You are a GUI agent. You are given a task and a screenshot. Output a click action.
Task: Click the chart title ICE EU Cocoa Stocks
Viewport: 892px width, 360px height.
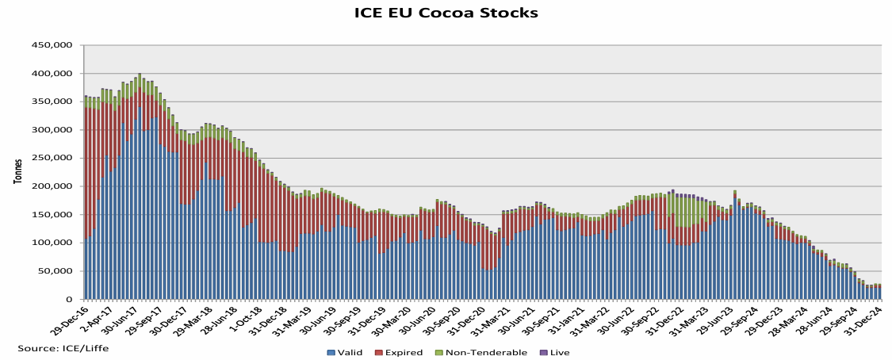pos(446,13)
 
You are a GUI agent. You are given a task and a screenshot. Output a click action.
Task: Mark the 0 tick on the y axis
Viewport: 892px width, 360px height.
pos(70,299)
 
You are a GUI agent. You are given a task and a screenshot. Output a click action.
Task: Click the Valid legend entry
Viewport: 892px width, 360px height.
pos(346,353)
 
